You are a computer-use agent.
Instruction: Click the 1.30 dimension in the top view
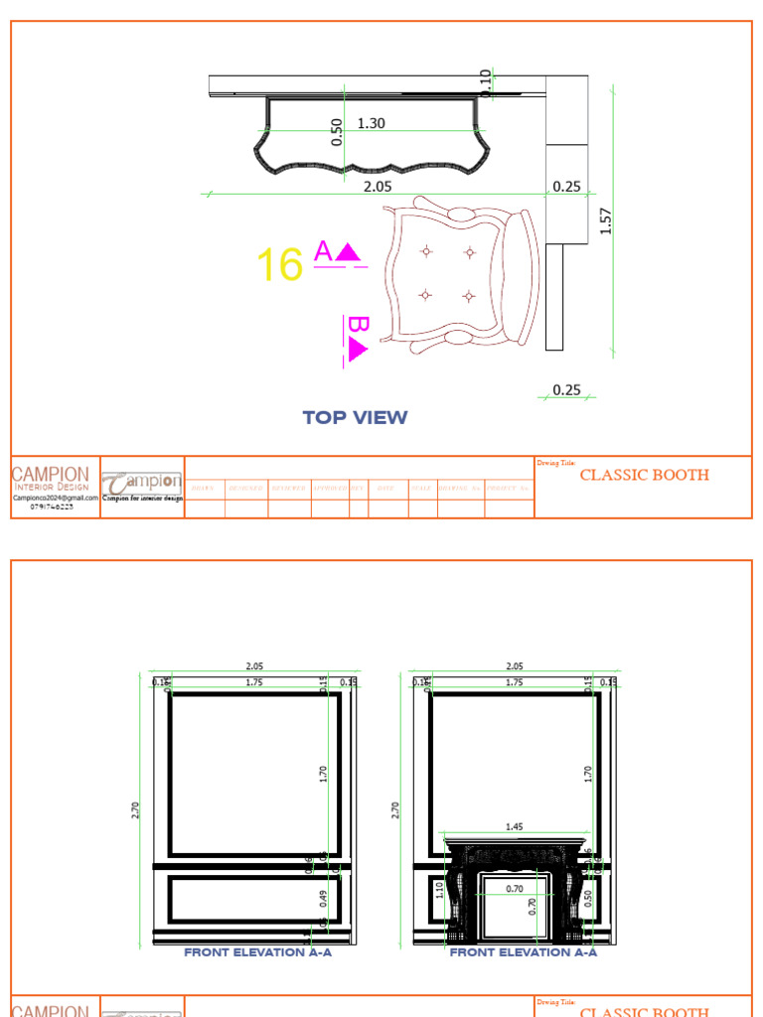tap(371, 124)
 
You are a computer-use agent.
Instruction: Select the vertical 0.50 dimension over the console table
tap(337, 131)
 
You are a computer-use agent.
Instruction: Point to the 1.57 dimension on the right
tap(606, 220)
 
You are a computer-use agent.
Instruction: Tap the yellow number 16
tap(279, 266)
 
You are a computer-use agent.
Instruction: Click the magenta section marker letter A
tap(323, 251)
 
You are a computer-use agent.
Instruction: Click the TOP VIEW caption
tap(355, 417)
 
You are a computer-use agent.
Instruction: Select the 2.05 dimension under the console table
tap(378, 186)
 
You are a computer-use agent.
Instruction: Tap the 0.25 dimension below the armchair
tap(566, 390)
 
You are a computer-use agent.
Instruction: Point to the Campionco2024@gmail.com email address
tap(56, 499)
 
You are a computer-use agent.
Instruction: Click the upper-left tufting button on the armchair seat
tap(426, 251)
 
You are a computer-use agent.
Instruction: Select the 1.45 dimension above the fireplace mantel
tap(515, 826)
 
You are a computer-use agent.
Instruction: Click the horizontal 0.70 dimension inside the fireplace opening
tap(514, 889)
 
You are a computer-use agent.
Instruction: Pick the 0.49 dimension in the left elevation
tap(323, 899)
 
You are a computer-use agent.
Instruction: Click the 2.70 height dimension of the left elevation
tap(135, 810)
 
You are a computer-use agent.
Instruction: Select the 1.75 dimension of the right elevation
tap(514, 683)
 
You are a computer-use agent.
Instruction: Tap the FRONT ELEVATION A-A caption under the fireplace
tap(524, 952)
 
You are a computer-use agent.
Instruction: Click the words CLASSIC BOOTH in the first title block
tap(644, 475)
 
